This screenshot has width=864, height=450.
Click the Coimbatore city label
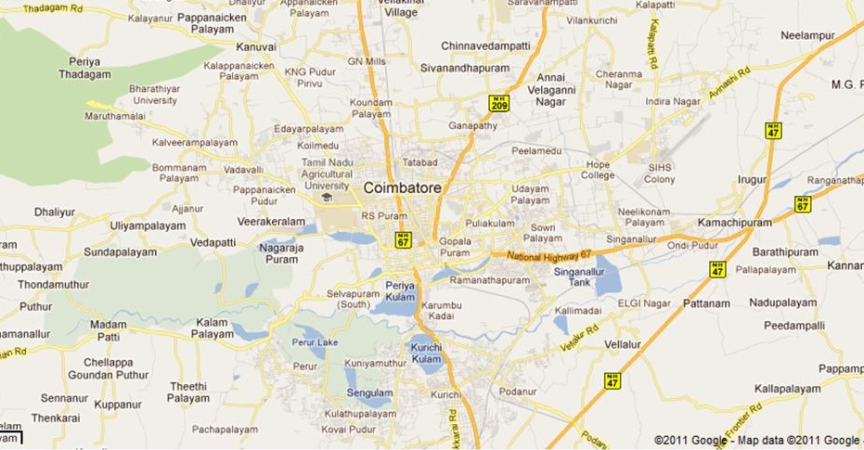tap(402, 187)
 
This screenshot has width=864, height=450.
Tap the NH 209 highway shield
tap(499, 103)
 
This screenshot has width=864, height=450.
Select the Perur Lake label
tap(315, 342)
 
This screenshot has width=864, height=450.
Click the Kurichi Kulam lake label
tap(426, 353)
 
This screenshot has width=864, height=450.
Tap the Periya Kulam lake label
tap(401, 291)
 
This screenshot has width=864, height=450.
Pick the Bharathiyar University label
tap(155, 94)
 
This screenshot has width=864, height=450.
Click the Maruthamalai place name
tap(116, 117)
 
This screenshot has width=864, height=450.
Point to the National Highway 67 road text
tap(548, 254)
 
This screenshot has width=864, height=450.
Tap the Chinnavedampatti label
tap(485, 45)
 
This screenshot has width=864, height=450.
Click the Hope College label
tap(599, 170)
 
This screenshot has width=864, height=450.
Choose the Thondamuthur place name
tap(53, 285)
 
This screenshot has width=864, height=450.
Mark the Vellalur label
tap(623, 344)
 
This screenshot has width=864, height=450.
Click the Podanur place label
tap(518, 392)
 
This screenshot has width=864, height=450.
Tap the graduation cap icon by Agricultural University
tap(326, 198)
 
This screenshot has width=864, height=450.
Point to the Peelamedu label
tap(537, 149)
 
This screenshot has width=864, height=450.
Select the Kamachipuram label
tap(735, 223)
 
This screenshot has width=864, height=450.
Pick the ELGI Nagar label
tap(643, 302)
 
